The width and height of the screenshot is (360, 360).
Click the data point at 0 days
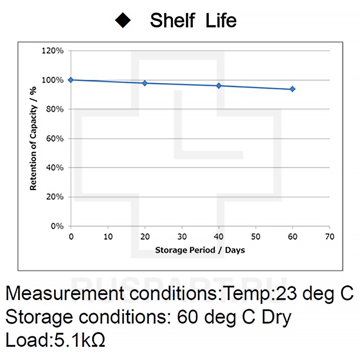71,80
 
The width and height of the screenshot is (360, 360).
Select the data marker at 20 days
145,83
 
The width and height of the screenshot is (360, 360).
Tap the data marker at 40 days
219,86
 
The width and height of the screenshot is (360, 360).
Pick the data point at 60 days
292,89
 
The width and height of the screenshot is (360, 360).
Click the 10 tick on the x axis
108,237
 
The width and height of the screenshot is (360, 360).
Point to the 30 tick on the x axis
182,237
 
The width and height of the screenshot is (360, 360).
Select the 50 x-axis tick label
256,237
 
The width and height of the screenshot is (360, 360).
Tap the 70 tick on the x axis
329,237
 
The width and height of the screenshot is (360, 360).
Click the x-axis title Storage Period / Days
200,250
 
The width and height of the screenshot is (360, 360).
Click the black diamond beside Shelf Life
123,21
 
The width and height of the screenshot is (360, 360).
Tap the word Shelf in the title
173,20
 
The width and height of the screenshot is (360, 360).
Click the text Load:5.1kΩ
56,340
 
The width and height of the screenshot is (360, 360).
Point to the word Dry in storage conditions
275,317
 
